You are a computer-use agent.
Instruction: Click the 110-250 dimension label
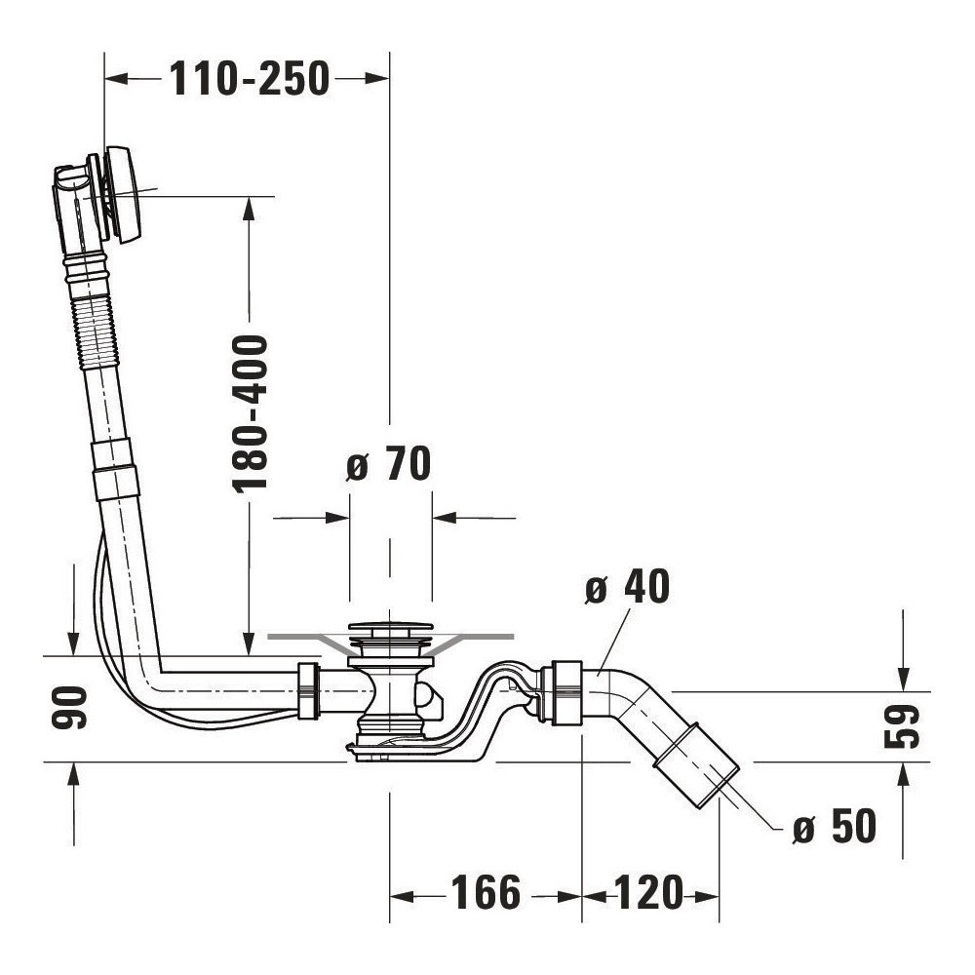250,79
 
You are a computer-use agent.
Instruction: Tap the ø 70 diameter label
389,465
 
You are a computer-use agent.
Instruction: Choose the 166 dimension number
486,893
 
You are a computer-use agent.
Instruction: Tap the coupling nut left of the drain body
307,690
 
